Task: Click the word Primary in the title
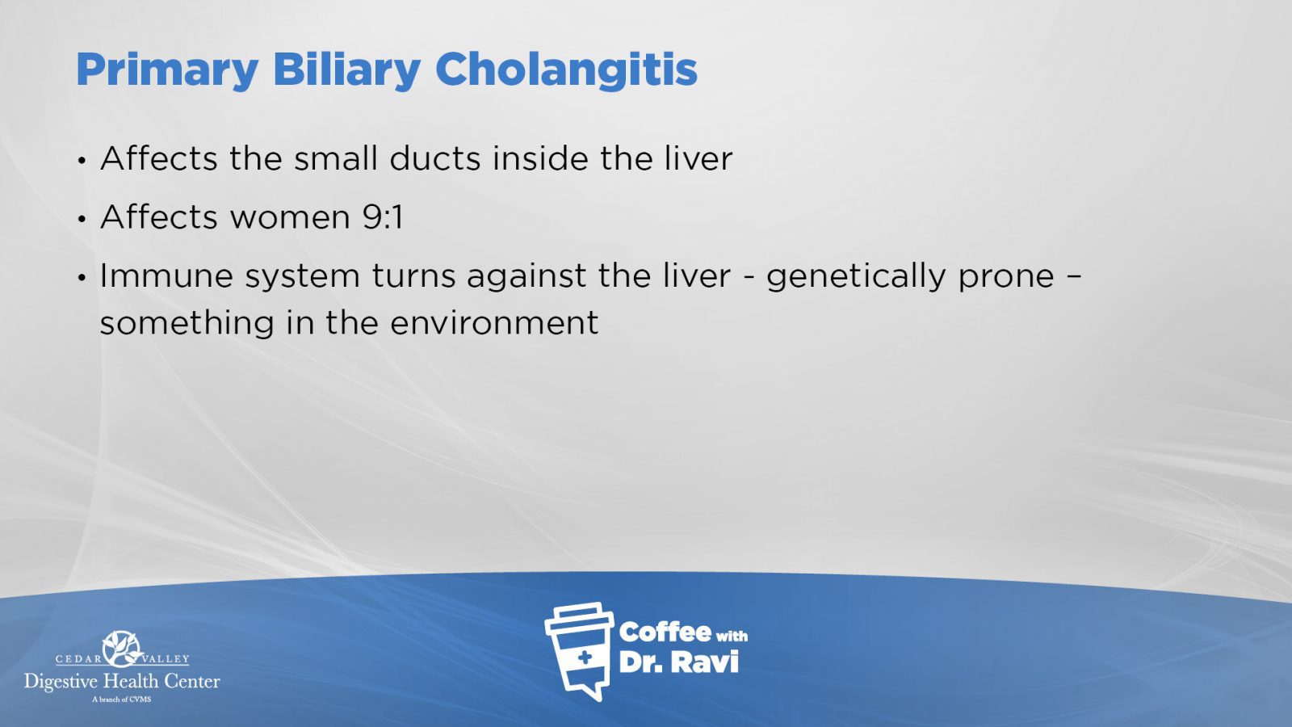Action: pyautogui.click(x=167, y=71)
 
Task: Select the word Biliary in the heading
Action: pyautogui.click(x=346, y=71)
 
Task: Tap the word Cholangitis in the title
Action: pyautogui.click(x=566, y=69)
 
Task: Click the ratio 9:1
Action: pyautogui.click(x=383, y=217)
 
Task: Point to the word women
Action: pyautogui.click(x=290, y=217)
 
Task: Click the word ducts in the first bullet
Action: pyautogui.click(x=435, y=158)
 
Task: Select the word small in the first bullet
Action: pyautogui.click(x=336, y=158)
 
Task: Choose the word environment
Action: pyautogui.click(x=494, y=322)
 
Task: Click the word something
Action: pyautogui.click(x=187, y=324)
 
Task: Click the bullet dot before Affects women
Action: pyautogui.click(x=82, y=219)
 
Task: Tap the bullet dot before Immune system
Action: pyautogui.click(x=82, y=278)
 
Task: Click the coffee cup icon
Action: pyautogui.click(x=579, y=651)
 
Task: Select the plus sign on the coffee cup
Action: pyautogui.click(x=585, y=658)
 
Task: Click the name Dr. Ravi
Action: pyautogui.click(x=678, y=662)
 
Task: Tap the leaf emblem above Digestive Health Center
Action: pyautogui.click(x=122, y=649)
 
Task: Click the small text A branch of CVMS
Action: pyautogui.click(x=122, y=700)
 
